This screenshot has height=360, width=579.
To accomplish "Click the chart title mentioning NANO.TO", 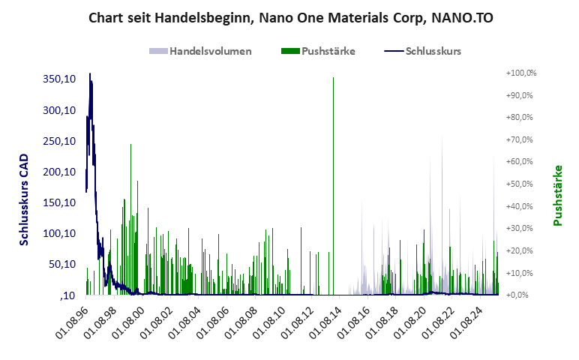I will click(x=289, y=16).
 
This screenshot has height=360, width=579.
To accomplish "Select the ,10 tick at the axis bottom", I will click(x=67, y=295).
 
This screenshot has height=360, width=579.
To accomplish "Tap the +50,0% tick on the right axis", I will click(x=523, y=184).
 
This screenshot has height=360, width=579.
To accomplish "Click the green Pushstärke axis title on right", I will click(x=557, y=195).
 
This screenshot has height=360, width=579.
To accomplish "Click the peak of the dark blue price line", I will click(x=90, y=74).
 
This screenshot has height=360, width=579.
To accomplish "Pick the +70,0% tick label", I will click(x=523, y=139).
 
